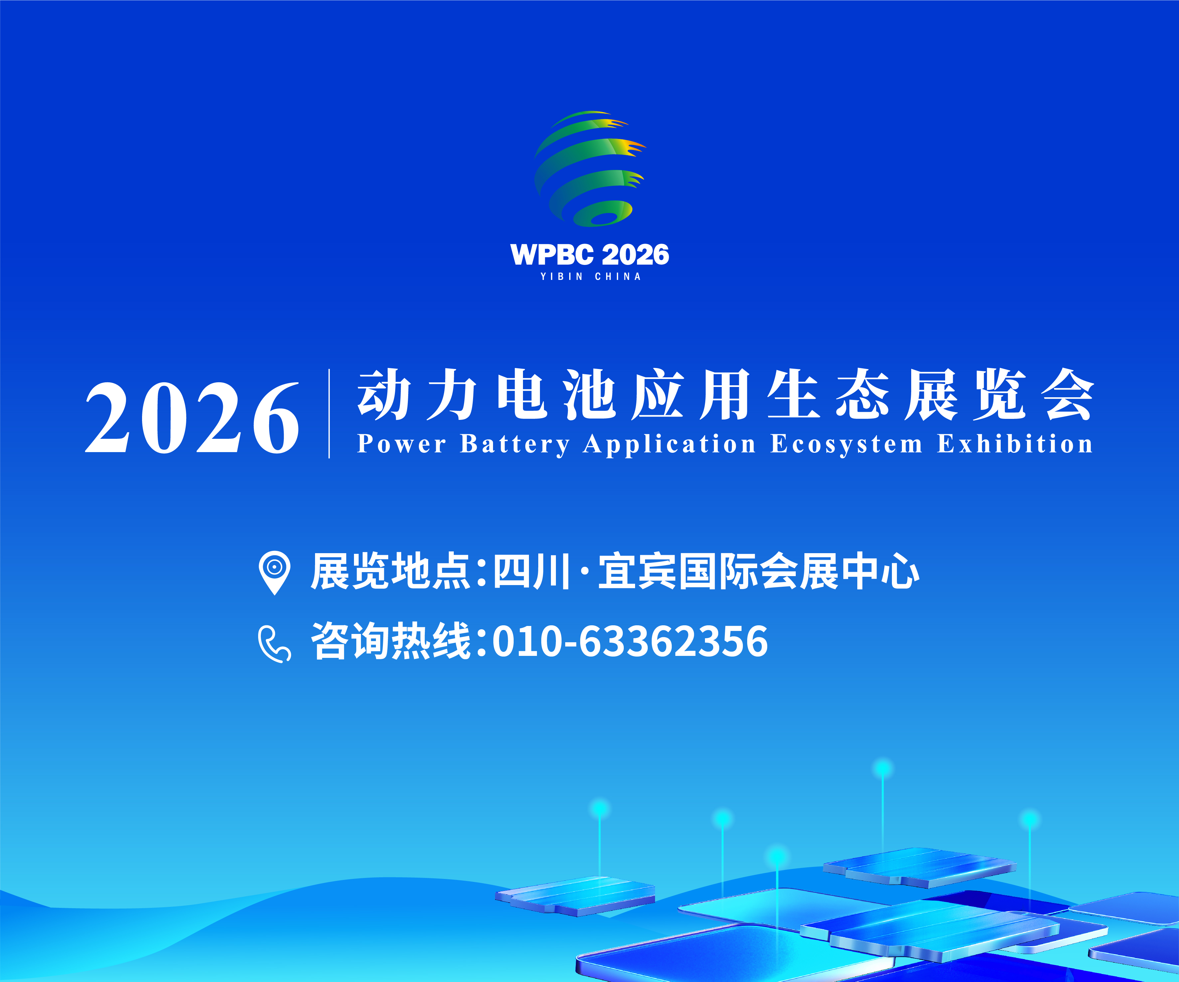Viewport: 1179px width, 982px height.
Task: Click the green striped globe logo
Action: tap(589, 168)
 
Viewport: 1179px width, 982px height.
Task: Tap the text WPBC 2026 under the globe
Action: tap(589, 255)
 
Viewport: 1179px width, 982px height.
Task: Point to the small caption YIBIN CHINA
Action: tap(590, 277)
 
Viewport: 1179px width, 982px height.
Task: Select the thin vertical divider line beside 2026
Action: tap(329, 414)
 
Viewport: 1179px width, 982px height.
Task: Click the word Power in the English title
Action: tap(402, 444)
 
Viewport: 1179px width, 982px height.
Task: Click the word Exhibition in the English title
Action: tap(1015, 443)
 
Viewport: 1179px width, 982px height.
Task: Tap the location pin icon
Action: tap(274, 572)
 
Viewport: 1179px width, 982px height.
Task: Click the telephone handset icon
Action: tap(274, 644)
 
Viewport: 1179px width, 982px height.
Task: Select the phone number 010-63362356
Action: tap(630, 641)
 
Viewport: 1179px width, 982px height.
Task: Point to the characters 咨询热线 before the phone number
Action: tap(391, 641)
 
